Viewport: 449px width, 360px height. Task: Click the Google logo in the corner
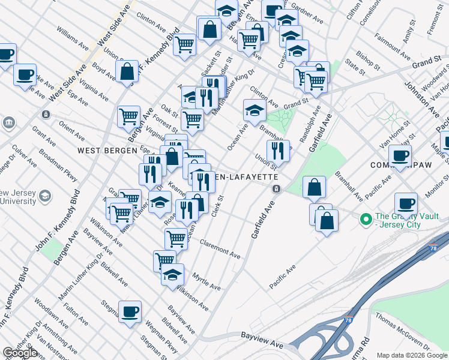(20, 353)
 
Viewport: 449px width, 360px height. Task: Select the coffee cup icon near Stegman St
(130, 311)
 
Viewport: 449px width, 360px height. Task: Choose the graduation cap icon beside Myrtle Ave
(172, 275)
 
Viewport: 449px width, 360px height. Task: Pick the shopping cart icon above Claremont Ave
(176, 238)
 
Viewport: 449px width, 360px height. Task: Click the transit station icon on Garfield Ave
(276, 189)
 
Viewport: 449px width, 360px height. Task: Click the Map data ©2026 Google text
(412, 355)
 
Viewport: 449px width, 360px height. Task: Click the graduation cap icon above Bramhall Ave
(255, 110)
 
